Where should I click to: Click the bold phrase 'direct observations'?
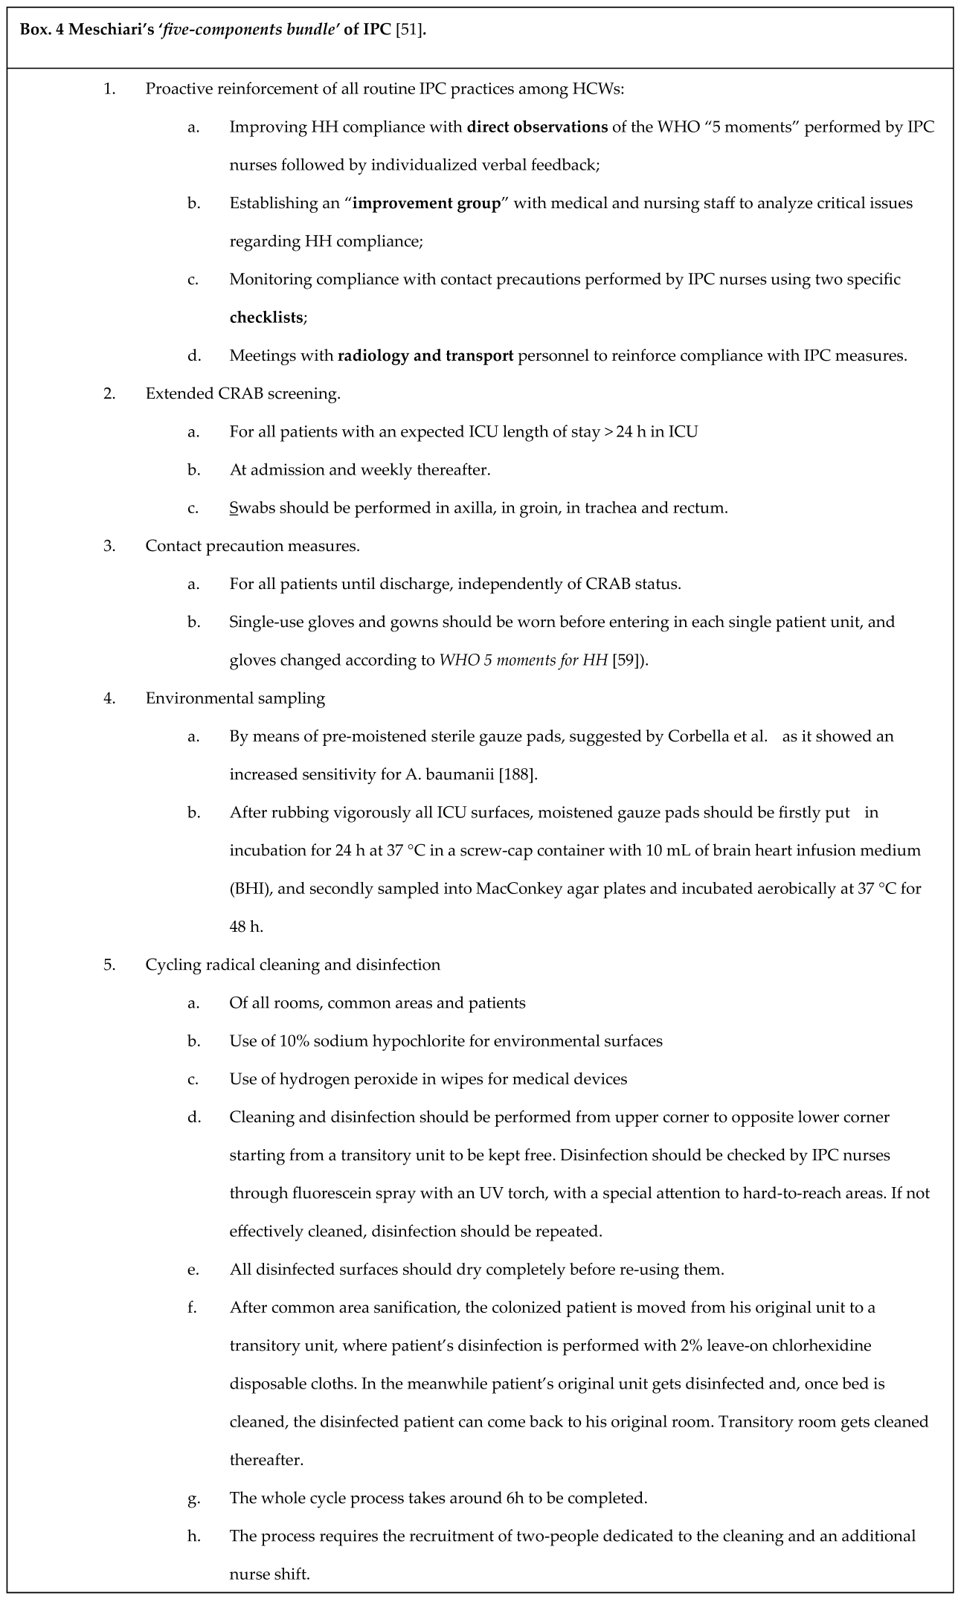537,126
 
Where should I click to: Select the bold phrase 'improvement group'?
425,203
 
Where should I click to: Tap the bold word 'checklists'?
266,318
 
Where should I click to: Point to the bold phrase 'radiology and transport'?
425,356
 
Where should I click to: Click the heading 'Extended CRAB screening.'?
242,393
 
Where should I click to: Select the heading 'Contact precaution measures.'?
252,546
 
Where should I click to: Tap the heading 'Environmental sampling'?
235,698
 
